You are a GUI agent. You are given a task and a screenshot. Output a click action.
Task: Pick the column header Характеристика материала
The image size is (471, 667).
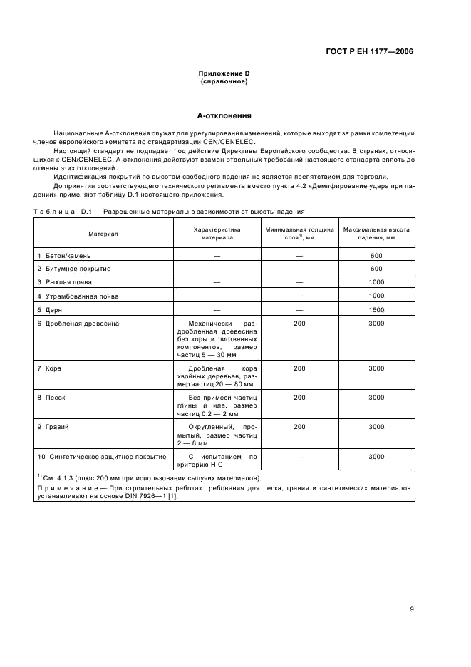pyautogui.click(x=217, y=233)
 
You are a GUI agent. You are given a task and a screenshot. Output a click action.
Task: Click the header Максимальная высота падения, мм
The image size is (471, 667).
pyautogui.click(x=376, y=233)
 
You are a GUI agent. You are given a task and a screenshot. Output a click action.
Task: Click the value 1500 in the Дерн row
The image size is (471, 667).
pyautogui.click(x=376, y=310)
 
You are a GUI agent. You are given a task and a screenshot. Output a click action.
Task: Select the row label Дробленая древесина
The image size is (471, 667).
pyautogui.click(x=81, y=324)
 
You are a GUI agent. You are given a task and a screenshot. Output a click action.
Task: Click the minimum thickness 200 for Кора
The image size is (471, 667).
pyautogui.click(x=299, y=368)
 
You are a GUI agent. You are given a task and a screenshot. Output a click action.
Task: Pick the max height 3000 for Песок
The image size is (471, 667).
pyautogui.click(x=376, y=397)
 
